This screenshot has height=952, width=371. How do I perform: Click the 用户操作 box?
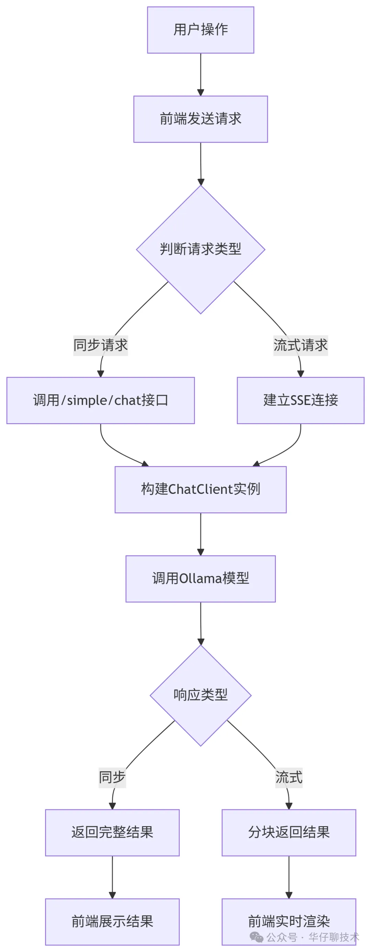200,30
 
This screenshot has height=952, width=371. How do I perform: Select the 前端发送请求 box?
200,119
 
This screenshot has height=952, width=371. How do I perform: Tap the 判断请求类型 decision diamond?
200,250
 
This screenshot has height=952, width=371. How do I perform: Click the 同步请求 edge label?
101,345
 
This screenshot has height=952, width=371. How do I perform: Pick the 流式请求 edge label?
301,345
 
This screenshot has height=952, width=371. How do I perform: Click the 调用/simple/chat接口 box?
101,400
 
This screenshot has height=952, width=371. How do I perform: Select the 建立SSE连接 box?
301,400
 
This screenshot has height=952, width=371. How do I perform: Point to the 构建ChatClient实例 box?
200,489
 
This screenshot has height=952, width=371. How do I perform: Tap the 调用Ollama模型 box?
200,578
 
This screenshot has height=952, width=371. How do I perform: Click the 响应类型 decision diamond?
200,695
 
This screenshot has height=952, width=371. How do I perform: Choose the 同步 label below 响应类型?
112,777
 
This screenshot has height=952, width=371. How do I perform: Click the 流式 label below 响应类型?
289,777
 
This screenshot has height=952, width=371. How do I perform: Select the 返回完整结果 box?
112,832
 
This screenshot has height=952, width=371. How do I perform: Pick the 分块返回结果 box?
289,832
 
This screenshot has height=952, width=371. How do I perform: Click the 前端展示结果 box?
112,921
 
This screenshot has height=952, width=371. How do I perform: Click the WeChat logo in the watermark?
257,937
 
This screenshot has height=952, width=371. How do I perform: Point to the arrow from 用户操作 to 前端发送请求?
200,74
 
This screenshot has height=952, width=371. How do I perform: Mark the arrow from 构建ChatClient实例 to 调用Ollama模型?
200,534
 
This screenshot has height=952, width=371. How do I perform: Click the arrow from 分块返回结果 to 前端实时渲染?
289,877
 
